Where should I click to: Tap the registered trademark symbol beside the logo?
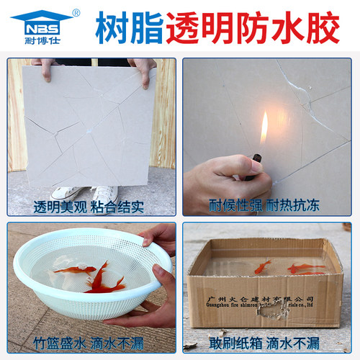click(x=77, y=13)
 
